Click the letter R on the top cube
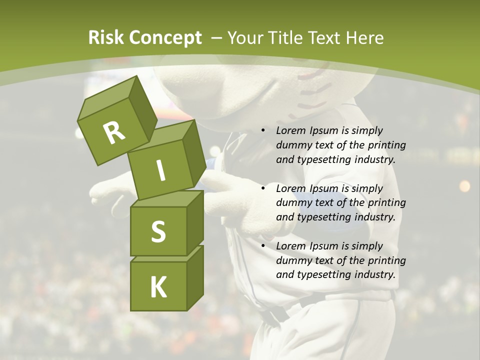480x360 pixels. (114, 132)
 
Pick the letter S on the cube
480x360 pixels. (158, 232)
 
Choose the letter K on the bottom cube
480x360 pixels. (158, 287)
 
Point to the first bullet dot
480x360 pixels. (263, 131)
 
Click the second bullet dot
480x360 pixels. (263, 189)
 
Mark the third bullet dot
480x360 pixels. (263, 246)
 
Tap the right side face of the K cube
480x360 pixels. (195, 277)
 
